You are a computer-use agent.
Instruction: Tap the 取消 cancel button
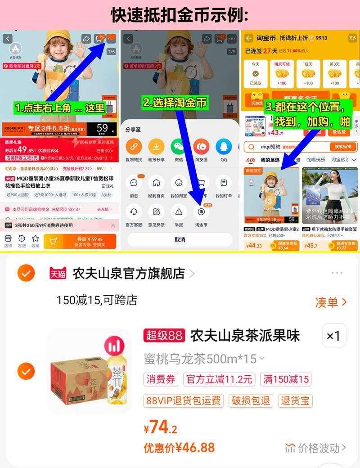[180, 239]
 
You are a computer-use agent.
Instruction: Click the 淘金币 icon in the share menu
[201, 211]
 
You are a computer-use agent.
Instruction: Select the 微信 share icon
[178, 147]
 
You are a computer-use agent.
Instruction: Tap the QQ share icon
[223, 147]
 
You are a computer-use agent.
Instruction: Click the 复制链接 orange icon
[133, 147]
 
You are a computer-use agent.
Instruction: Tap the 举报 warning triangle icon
[179, 211]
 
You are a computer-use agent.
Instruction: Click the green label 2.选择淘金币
[175, 103]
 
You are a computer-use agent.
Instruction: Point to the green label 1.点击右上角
[59, 108]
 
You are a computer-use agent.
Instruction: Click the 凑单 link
[331, 302]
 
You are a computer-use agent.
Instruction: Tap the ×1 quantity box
[333, 336]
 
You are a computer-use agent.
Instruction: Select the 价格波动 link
[316, 448]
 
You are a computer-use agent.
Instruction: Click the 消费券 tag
[161, 379]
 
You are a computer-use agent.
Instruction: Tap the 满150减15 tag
[286, 379]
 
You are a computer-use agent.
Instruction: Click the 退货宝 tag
[295, 400]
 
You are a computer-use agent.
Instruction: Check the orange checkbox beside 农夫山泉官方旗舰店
[26, 273]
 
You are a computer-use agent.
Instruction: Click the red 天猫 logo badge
[58, 273]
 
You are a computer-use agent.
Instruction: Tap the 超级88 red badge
[164, 336]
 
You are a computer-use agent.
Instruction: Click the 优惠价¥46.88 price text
[179, 448]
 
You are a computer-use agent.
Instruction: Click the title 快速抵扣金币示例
[180, 15]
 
